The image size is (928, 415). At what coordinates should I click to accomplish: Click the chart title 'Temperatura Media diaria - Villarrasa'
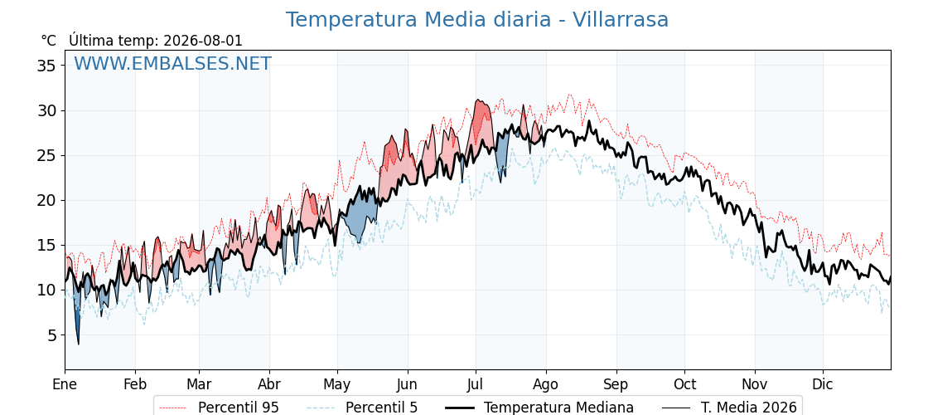tap(477, 20)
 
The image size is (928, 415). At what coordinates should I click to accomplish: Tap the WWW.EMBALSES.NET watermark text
tap(172, 63)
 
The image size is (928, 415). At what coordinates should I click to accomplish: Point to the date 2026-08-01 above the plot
tap(202, 41)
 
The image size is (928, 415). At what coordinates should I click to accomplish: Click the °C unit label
tap(49, 41)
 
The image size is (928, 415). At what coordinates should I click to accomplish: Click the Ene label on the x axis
tap(65, 384)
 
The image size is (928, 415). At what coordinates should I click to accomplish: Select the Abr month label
tap(269, 384)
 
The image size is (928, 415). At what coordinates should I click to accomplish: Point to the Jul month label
tap(475, 384)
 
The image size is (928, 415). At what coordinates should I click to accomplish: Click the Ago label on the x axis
tap(545, 384)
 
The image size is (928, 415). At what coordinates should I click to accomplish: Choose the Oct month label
tap(684, 384)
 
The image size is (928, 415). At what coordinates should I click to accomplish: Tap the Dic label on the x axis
tap(822, 384)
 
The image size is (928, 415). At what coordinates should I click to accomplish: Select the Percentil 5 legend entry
tap(363, 408)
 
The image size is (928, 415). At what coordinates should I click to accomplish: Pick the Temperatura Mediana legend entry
tap(539, 408)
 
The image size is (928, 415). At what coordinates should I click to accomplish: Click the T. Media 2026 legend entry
tap(729, 408)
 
